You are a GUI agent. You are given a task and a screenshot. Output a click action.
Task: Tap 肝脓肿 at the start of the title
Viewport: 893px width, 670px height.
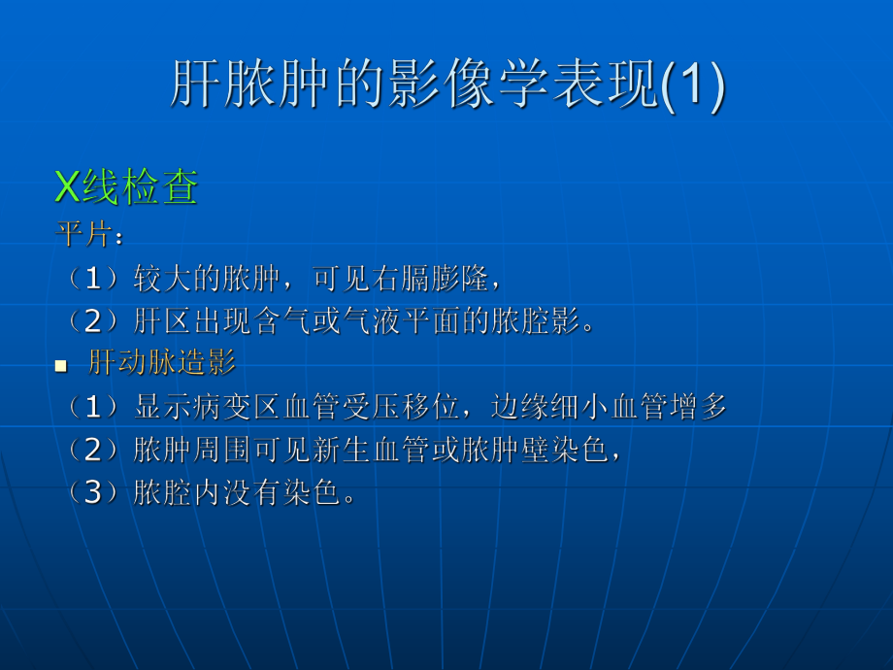click(x=237, y=86)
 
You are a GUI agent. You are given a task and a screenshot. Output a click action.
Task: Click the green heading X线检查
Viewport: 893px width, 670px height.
click(x=126, y=187)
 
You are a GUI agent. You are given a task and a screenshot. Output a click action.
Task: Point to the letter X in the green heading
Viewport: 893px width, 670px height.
click(x=67, y=187)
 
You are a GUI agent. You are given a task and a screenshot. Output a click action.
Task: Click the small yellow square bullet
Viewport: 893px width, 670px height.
click(x=60, y=366)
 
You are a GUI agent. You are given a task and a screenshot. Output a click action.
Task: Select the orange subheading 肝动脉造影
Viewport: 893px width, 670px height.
click(x=162, y=364)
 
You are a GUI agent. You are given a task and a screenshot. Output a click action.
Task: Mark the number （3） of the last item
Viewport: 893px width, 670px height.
click(x=92, y=493)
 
